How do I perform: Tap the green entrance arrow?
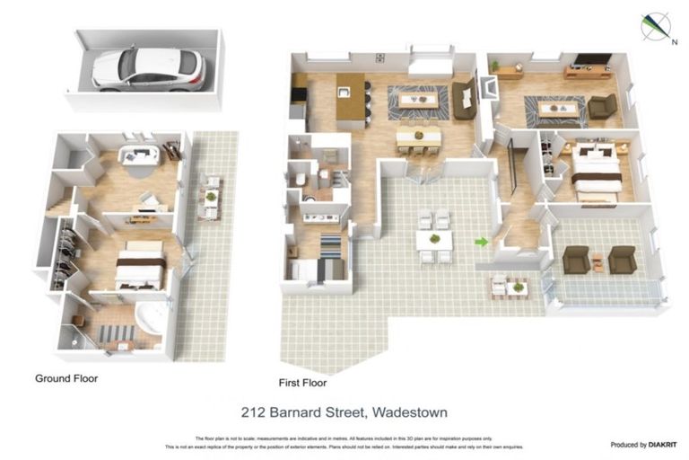pyautogui.click(x=482, y=242)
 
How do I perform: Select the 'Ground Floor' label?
pyautogui.click(x=66, y=378)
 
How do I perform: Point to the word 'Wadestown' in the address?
pyautogui.click(x=412, y=412)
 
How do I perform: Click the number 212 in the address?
pyautogui.click(x=254, y=412)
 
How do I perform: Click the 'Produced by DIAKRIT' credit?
pyautogui.click(x=641, y=444)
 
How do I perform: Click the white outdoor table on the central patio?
pyautogui.click(x=434, y=239)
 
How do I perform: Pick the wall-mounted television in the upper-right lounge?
pyautogui.click(x=592, y=60)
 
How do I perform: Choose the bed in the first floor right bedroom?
pyautogui.click(x=597, y=168)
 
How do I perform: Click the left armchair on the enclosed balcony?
pyautogui.click(x=576, y=259)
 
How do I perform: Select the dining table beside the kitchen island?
pyautogui.click(x=418, y=136)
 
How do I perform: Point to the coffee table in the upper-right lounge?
pyautogui.click(x=556, y=109)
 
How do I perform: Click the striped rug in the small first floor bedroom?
pyautogui.click(x=330, y=245)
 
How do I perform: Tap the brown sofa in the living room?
pyautogui.click(x=464, y=99)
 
